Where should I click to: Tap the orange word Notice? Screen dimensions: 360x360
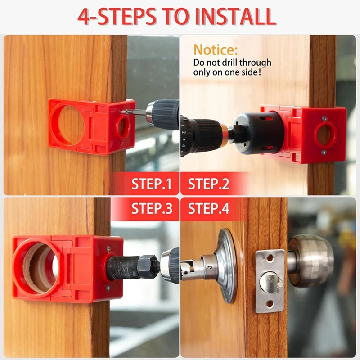(x=215, y=49)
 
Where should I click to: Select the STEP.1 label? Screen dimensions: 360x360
(x=152, y=184)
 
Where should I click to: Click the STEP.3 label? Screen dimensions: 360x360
(x=152, y=209)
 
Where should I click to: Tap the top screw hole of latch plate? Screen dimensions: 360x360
(x=270, y=258)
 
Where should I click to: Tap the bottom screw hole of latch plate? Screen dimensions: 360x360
(x=270, y=304)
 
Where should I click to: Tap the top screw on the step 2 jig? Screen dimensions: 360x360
(x=324, y=119)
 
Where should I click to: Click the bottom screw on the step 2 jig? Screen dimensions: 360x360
(x=324, y=152)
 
